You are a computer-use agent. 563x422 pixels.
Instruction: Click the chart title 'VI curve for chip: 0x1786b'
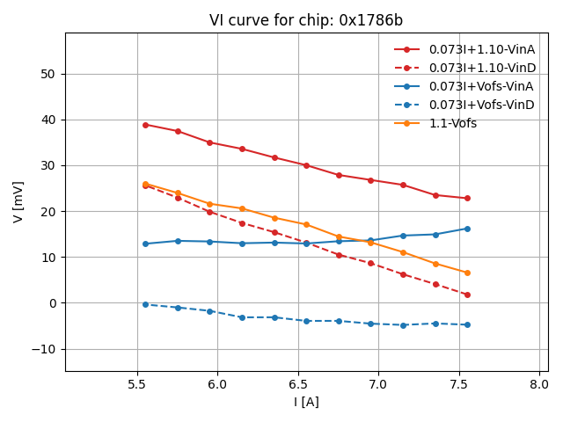click(306, 20)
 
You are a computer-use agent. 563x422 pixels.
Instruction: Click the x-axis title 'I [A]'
click(306, 402)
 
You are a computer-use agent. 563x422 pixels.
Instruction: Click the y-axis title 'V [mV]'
click(18, 201)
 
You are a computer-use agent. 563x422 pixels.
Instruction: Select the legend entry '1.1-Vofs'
click(452, 123)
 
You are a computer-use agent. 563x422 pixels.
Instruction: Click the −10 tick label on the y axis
click(43, 349)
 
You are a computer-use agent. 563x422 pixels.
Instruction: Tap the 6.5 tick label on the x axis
click(298, 384)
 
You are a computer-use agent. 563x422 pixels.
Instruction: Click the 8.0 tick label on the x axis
click(539, 384)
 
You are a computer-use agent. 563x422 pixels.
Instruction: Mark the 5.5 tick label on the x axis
click(137, 384)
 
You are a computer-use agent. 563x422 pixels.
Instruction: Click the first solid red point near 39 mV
click(145, 125)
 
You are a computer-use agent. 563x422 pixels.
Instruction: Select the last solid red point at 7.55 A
click(467, 198)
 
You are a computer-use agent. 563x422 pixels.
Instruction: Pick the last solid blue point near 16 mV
click(467, 229)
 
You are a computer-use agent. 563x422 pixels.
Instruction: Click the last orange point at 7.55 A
click(467, 273)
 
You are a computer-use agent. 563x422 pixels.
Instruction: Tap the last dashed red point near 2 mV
click(467, 295)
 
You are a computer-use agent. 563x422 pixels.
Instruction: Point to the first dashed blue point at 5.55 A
click(145, 304)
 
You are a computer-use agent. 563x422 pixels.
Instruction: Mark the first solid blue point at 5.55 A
click(145, 244)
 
